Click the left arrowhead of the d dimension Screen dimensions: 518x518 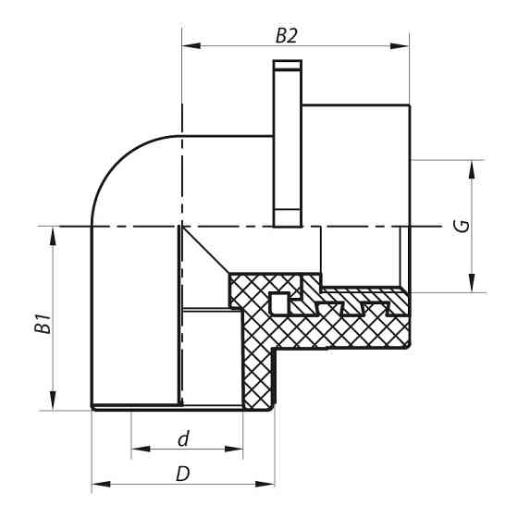coord(138,450)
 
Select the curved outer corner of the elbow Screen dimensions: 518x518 coord(120,157)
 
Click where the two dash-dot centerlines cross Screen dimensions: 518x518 coord(182,225)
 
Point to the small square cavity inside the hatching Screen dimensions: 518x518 coord(277,302)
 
